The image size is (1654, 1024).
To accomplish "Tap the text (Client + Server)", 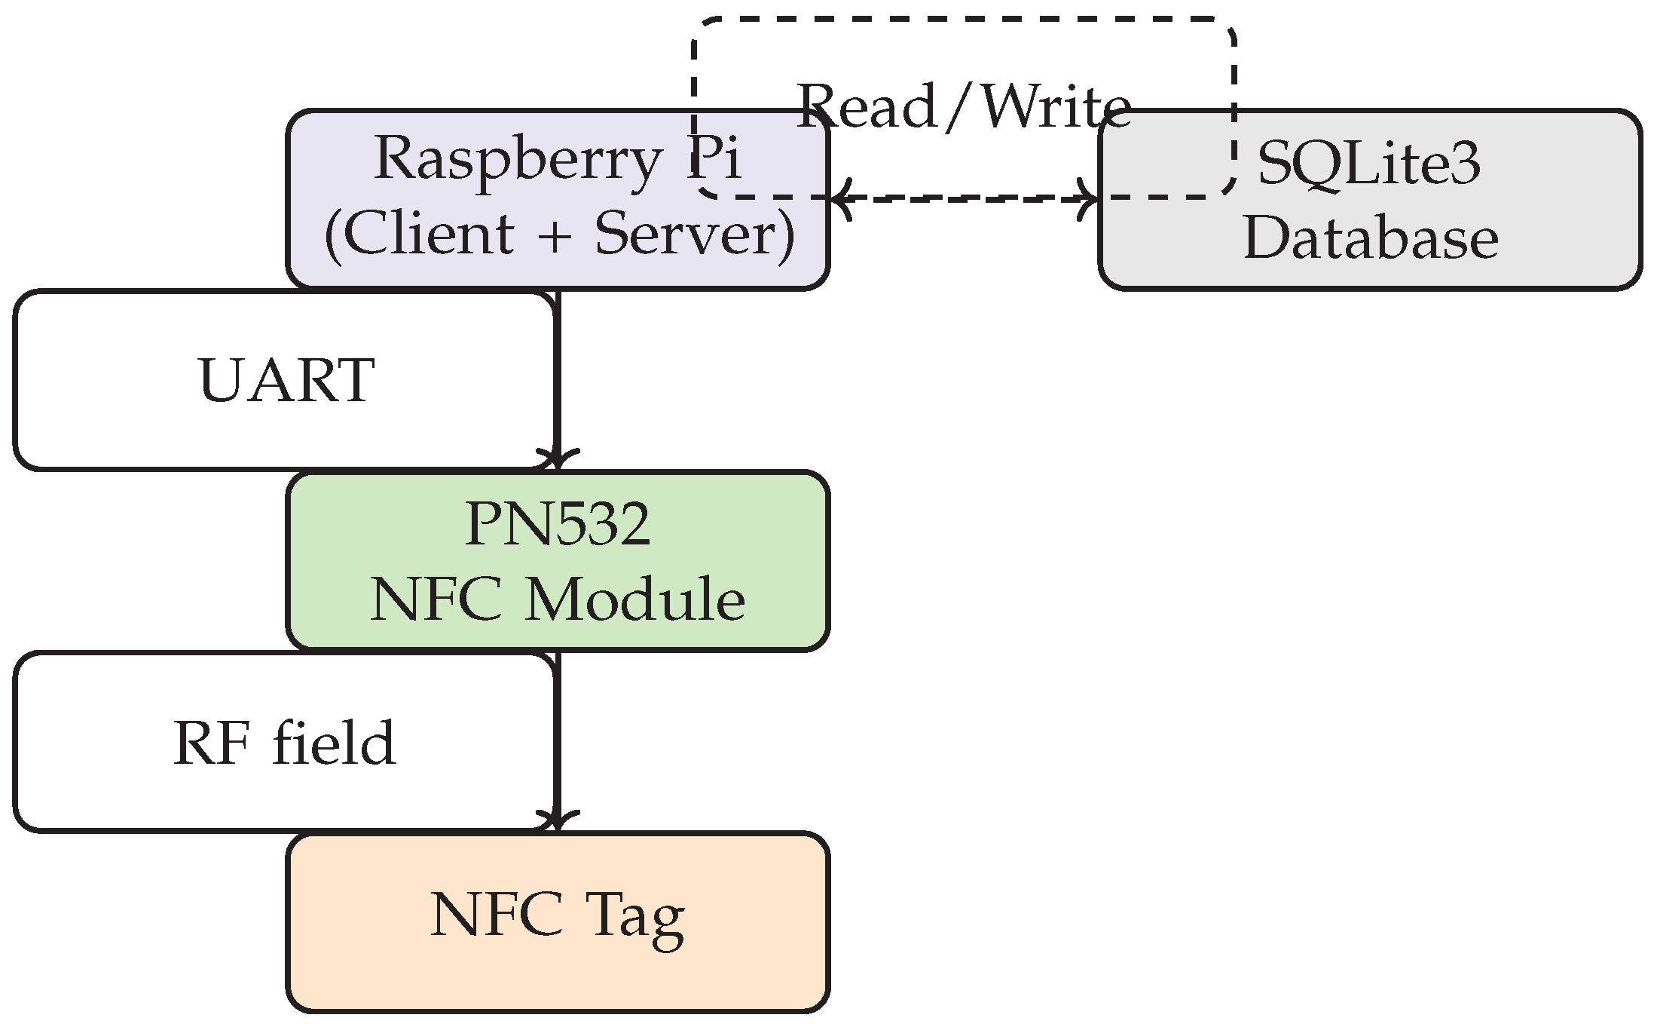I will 558,235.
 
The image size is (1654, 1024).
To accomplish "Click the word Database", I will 1371,240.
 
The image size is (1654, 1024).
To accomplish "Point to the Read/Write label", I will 964,106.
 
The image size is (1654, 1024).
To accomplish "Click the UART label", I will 286,380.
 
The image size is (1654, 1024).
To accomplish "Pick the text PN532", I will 558,525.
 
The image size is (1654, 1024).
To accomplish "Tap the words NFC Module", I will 558,600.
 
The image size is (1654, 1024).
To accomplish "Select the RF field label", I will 284,743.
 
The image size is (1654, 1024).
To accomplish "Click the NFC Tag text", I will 558,915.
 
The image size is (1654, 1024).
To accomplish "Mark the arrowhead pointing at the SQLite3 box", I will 1090,200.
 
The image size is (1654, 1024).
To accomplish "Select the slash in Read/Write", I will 960,106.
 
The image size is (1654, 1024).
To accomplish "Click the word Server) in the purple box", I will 695,235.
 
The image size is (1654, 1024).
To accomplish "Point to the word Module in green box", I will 634,600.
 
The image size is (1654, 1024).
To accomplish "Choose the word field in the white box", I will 334,743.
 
